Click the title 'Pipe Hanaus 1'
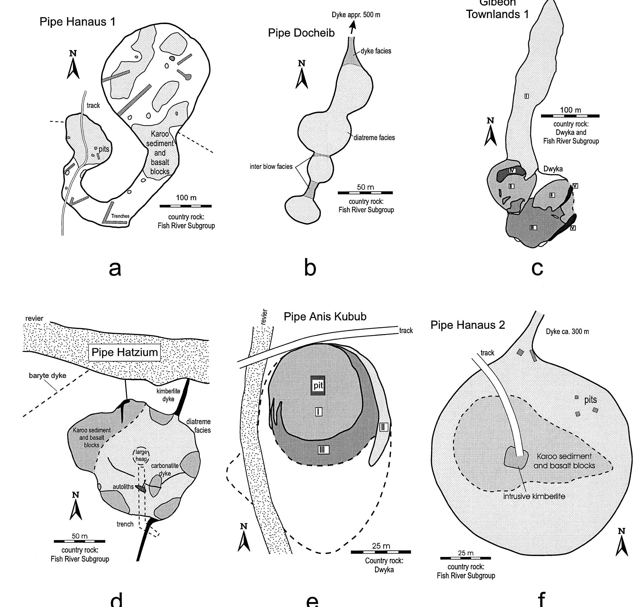coord(78,22)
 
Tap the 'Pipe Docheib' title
coord(301,33)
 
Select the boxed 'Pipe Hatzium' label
coord(125,352)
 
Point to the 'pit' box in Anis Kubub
coord(318,385)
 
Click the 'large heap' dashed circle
coord(141,456)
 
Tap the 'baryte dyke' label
coord(47,376)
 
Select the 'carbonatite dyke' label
coord(165,469)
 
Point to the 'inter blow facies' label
coord(271,167)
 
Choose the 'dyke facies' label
coord(376,51)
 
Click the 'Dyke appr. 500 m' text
coord(356,15)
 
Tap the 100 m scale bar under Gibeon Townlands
coord(570,116)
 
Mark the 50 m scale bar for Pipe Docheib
coord(365,193)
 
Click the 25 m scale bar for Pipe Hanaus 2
coord(465,558)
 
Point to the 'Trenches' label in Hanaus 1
coord(120,216)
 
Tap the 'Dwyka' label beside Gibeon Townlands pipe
coord(553,169)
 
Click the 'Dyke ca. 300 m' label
coord(567,331)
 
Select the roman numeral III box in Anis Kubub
coord(323,449)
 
